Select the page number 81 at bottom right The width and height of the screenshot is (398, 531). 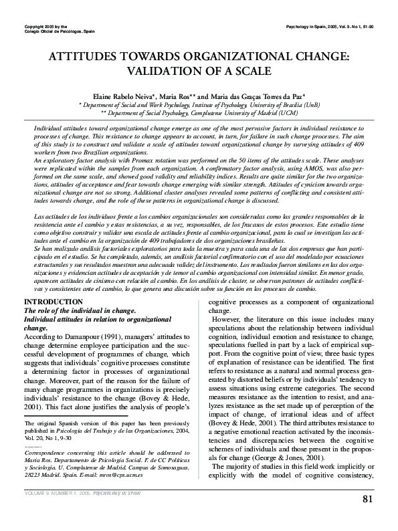(x=367, y=499)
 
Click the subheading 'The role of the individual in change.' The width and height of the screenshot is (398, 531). (x=80, y=311)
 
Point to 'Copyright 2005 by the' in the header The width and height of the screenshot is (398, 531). (x=43, y=25)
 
